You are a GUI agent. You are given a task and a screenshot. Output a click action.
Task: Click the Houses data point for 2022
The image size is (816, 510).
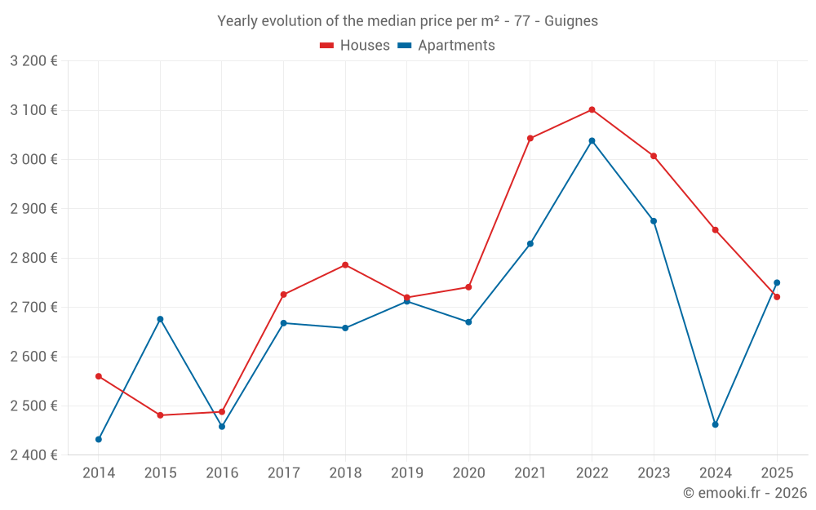click(592, 109)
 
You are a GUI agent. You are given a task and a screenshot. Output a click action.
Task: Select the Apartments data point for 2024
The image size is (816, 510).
click(716, 424)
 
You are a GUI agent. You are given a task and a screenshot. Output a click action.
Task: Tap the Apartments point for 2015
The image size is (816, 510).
click(160, 319)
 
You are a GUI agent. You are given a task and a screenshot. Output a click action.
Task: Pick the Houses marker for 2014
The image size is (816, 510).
click(99, 376)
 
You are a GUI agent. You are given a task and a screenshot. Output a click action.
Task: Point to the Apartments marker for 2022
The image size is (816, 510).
click(592, 140)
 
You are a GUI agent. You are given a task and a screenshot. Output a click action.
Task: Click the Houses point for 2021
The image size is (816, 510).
click(530, 138)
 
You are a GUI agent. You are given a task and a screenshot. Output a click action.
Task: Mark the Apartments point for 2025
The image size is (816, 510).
click(777, 283)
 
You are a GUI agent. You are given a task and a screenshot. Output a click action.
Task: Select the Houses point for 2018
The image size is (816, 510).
click(345, 264)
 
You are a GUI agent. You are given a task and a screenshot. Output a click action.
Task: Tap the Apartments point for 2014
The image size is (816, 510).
click(99, 439)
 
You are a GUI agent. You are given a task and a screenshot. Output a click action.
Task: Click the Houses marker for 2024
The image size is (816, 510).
click(716, 229)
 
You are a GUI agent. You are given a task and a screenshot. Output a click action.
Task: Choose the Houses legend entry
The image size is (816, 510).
click(355, 46)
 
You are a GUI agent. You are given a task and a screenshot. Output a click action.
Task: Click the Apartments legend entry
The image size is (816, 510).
click(446, 46)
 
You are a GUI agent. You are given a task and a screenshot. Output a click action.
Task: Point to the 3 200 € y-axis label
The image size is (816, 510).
click(33, 61)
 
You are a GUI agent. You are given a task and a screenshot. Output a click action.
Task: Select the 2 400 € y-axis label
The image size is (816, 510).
click(33, 455)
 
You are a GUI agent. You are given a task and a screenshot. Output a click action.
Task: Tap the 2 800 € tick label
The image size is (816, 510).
click(33, 258)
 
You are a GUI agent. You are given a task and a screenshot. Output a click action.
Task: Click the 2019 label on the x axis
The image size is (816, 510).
click(406, 473)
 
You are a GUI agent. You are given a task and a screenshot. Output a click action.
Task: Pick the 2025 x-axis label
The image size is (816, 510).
click(777, 473)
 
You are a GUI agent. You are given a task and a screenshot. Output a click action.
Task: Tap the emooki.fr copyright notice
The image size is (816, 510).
click(745, 493)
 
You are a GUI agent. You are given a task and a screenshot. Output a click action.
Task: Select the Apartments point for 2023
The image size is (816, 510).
click(654, 221)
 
